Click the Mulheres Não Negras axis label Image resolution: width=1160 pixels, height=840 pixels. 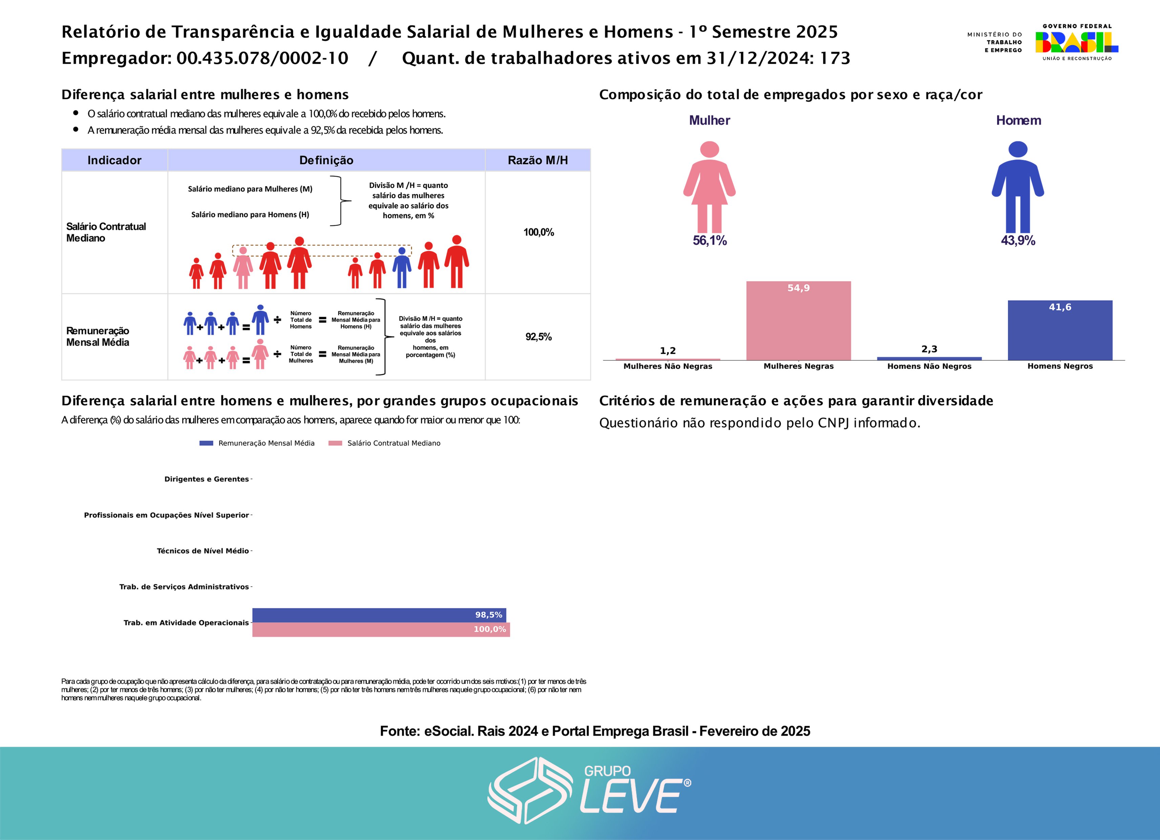pyautogui.click(x=668, y=366)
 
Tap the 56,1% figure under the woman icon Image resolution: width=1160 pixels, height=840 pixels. pyautogui.click(x=710, y=240)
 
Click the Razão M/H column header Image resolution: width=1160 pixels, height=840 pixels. pyautogui.click(x=537, y=160)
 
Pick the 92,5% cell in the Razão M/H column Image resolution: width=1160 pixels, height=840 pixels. pyautogui.click(x=538, y=337)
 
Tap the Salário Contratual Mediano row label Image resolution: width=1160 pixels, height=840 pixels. pyautogui.click(x=106, y=232)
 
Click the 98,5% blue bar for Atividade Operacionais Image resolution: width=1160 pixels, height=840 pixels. pyautogui.click(x=379, y=615)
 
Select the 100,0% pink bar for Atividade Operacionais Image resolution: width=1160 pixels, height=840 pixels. pyautogui.click(x=381, y=630)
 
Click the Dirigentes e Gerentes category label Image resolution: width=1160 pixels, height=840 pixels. pyautogui.click(x=206, y=479)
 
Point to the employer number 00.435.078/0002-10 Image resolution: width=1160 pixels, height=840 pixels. pyautogui.click(x=262, y=58)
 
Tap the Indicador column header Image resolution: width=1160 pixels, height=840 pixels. pyautogui.click(x=114, y=160)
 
